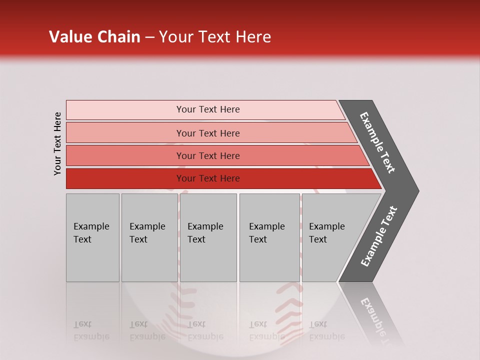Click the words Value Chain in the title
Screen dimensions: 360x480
[x=94, y=36]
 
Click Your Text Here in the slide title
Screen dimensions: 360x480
[x=215, y=36]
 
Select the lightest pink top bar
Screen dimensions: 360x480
[x=125, y=109]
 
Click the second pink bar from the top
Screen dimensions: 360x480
[x=125, y=133]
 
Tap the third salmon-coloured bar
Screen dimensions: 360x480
[x=125, y=155]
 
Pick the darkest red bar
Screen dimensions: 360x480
[x=125, y=178]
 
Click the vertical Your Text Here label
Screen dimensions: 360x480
[x=57, y=143]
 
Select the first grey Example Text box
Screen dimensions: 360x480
[x=92, y=237]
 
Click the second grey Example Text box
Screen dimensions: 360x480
[x=149, y=237]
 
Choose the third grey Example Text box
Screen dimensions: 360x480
[x=208, y=237]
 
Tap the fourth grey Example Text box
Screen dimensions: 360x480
[x=269, y=237]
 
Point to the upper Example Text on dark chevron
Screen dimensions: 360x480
[x=378, y=142]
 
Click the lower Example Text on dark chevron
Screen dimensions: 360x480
[x=379, y=236]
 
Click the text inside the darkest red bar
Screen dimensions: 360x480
[x=208, y=178]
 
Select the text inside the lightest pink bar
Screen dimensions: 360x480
[x=208, y=109]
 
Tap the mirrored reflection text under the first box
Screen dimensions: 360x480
[x=91, y=330]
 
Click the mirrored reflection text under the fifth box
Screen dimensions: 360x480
[x=326, y=330]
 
